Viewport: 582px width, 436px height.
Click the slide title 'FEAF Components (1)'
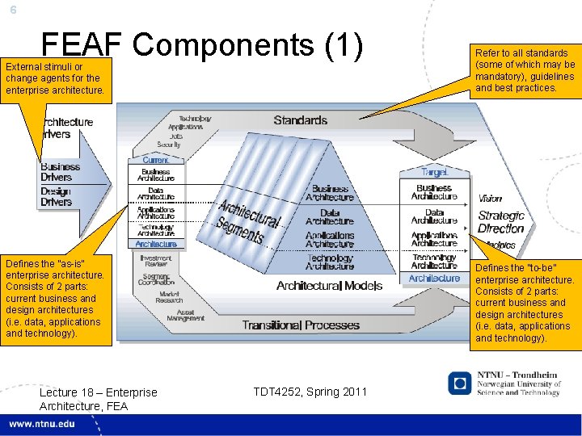click(202, 47)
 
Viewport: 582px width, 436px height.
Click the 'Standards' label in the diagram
click(301, 120)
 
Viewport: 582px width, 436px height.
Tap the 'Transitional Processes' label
click(301, 325)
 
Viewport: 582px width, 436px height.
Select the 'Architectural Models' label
click(318, 286)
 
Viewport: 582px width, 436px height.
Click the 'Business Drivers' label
click(61, 172)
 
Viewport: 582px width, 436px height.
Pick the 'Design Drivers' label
click(56, 196)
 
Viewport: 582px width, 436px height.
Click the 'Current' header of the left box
click(155, 161)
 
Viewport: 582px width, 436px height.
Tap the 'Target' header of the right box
click(434, 172)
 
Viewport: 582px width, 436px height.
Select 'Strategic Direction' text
click(501, 222)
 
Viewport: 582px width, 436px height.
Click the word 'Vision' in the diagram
click(490, 199)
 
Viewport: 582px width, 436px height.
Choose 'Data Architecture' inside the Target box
click(434, 216)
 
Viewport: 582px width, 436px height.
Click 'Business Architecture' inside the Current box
click(155, 175)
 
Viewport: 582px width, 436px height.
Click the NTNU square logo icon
click(459, 384)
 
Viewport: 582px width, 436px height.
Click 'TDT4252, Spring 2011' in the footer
click(310, 392)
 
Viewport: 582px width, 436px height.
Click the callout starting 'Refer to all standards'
click(525, 70)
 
